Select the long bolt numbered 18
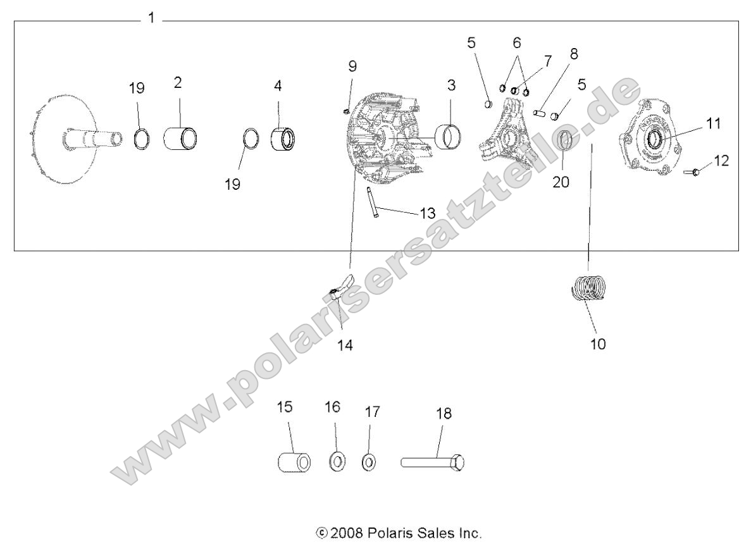click(433, 462)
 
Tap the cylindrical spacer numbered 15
click(294, 462)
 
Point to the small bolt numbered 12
click(692, 171)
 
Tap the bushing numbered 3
click(448, 135)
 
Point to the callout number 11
click(714, 124)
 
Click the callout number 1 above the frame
click(151, 18)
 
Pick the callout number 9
click(352, 66)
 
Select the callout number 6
click(516, 43)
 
